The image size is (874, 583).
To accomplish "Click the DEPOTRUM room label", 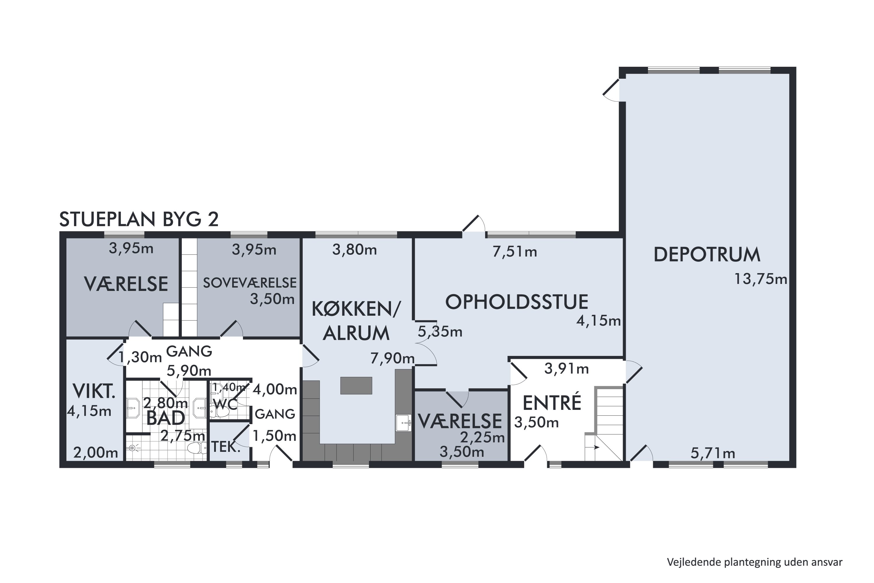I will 707,255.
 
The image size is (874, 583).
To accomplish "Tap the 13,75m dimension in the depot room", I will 760,279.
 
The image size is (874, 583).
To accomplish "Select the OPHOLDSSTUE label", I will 517,302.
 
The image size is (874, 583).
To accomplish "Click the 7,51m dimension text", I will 515,252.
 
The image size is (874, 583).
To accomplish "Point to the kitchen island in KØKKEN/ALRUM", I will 356,386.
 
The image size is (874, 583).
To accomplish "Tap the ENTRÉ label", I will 552,403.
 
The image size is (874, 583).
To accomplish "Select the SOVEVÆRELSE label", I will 250,283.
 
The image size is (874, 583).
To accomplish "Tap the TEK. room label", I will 225,447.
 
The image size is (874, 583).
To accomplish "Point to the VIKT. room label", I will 94,391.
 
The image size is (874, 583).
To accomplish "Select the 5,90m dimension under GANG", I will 189,371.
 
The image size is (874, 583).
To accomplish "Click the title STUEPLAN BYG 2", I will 139,219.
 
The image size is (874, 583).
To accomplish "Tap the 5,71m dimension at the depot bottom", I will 713,453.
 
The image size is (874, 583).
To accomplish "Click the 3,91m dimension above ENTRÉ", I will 566,369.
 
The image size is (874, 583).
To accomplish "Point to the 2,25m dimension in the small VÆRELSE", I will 482,438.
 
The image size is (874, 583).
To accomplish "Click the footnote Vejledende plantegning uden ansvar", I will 754,562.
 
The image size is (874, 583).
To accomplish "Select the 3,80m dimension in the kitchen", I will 355,250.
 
